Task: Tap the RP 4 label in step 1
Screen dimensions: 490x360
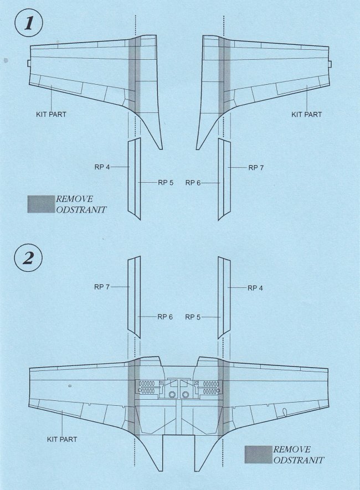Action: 104,166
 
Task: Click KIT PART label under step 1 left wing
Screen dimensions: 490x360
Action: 50,115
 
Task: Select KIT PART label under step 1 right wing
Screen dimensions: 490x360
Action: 306,115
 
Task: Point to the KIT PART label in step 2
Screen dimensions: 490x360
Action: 61,439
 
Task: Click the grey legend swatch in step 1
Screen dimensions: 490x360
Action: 40,204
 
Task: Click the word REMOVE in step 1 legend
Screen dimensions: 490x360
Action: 74,199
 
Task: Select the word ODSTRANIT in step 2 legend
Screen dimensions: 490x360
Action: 299,460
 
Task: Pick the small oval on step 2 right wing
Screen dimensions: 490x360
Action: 285,411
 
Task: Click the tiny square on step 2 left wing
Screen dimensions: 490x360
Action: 70,385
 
